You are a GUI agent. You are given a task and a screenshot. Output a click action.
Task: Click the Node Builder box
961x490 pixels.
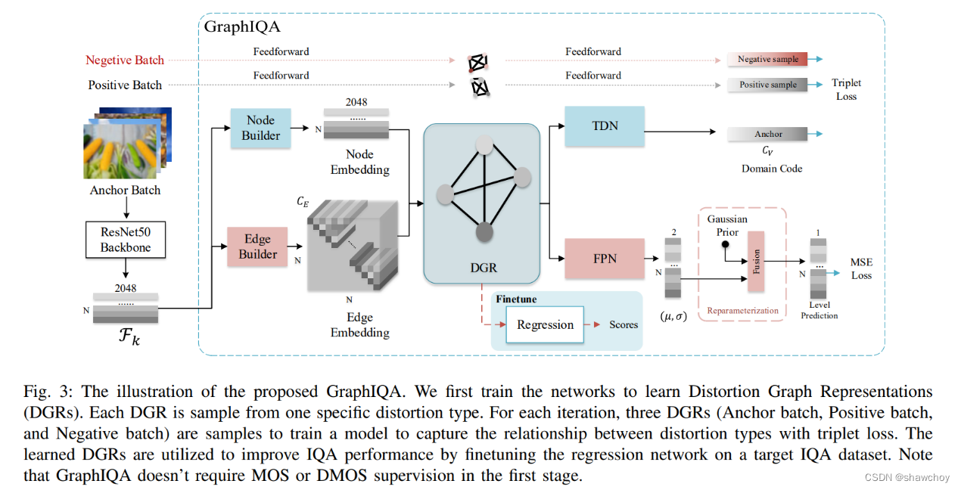tap(260, 128)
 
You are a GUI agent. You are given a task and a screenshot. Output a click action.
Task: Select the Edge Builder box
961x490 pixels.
tap(258, 247)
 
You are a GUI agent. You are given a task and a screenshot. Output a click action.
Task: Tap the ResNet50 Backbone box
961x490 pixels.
tap(125, 240)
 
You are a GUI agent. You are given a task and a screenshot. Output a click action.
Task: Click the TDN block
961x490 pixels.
tap(604, 126)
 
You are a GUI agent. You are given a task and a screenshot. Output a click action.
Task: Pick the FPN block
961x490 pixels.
tap(604, 259)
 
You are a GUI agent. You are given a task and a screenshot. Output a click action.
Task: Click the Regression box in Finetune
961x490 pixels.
tap(545, 324)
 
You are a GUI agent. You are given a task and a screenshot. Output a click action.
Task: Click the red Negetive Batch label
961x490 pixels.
tap(124, 60)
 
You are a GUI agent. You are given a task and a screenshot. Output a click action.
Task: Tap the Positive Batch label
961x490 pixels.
tap(125, 85)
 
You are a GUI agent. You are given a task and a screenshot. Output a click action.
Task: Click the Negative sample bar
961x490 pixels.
tap(767, 59)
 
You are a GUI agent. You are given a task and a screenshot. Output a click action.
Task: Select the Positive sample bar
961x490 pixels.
tap(767, 85)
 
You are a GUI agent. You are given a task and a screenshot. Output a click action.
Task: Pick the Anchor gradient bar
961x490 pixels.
tap(767, 134)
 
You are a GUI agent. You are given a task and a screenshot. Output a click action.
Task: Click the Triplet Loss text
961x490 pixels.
tap(846, 89)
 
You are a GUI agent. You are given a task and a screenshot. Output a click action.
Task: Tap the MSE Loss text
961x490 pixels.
tap(861, 268)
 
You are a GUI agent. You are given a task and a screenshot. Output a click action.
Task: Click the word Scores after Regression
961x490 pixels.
tap(624, 324)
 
